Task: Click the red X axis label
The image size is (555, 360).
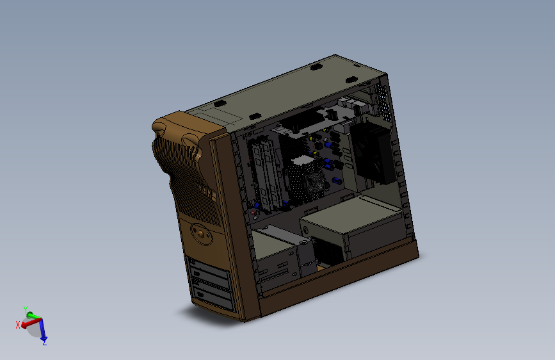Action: tap(18, 325)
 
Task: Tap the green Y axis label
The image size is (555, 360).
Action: tap(26, 309)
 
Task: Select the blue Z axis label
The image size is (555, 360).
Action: tap(45, 343)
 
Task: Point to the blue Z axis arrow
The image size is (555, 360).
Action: tap(43, 329)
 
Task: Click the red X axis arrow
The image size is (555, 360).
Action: tap(31, 323)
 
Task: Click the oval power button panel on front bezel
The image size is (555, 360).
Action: tap(202, 234)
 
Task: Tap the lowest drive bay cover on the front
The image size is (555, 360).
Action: tap(214, 298)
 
